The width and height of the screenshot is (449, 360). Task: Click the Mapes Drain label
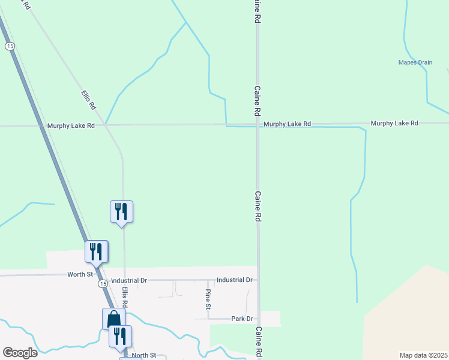click(x=415, y=62)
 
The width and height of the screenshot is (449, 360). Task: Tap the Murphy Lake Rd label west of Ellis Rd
click(x=71, y=126)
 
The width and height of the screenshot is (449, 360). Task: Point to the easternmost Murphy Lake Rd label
click(x=394, y=123)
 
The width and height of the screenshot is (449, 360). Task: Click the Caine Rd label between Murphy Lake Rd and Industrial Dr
click(x=258, y=207)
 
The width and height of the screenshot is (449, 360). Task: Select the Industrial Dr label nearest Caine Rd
click(x=234, y=280)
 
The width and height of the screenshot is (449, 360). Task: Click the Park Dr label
click(x=241, y=319)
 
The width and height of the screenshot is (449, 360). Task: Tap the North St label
click(x=143, y=355)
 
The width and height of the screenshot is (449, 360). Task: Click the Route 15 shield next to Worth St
click(x=103, y=283)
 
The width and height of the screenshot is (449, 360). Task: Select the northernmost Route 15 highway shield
click(x=9, y=46)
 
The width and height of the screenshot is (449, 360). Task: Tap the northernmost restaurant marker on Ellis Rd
click(x=121, y=212)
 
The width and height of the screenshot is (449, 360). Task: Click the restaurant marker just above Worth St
click(x=96, y=251)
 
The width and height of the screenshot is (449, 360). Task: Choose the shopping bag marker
click(x=113, y=319)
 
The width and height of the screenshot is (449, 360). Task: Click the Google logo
click(x=20, y=353)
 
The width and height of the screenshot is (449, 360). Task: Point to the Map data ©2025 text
click(x=423, y=355)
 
